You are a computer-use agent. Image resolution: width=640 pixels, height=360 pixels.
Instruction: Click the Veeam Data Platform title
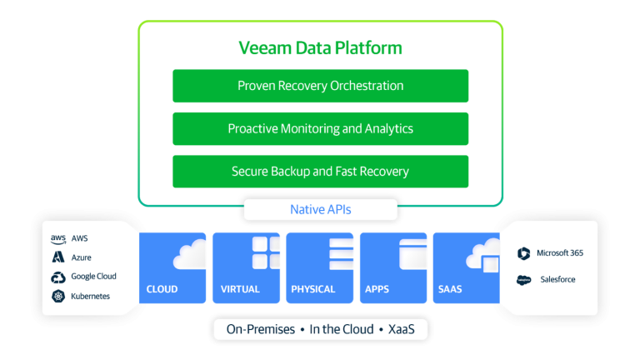tap(320, 47)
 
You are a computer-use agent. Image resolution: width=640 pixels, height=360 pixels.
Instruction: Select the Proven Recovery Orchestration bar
tap(320, 86)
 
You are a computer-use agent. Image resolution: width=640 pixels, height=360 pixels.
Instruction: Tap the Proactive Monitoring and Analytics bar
tap(320, 129)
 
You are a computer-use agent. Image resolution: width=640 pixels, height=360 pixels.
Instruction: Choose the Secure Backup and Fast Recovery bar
tap(320, 172)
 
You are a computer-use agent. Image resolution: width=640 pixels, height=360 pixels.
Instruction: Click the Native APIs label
tap(320, 209)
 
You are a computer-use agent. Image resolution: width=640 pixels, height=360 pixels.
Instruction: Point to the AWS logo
tap(58, 239)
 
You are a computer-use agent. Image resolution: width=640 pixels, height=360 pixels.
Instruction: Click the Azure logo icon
tap(58, 257)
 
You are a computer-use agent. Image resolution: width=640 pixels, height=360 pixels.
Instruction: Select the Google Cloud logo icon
tap(58, 277)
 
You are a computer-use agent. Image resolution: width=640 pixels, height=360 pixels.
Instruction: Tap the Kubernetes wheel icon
tap(58, 296)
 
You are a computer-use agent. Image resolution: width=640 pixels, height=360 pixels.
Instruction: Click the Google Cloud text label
tap(93, 277)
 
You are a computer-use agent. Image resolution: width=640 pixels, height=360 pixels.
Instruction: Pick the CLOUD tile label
tap(162, 290)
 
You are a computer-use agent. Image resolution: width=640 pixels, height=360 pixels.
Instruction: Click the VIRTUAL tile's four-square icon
tap(267, 253)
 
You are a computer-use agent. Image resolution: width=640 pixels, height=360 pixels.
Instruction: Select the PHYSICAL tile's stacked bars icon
tap(341, 253)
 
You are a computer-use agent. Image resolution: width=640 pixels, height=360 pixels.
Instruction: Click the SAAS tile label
tap(450, 290)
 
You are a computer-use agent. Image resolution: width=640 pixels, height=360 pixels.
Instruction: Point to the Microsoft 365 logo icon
tap(523, 253)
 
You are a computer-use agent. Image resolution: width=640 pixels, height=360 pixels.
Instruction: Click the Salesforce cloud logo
tap(523, 280)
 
